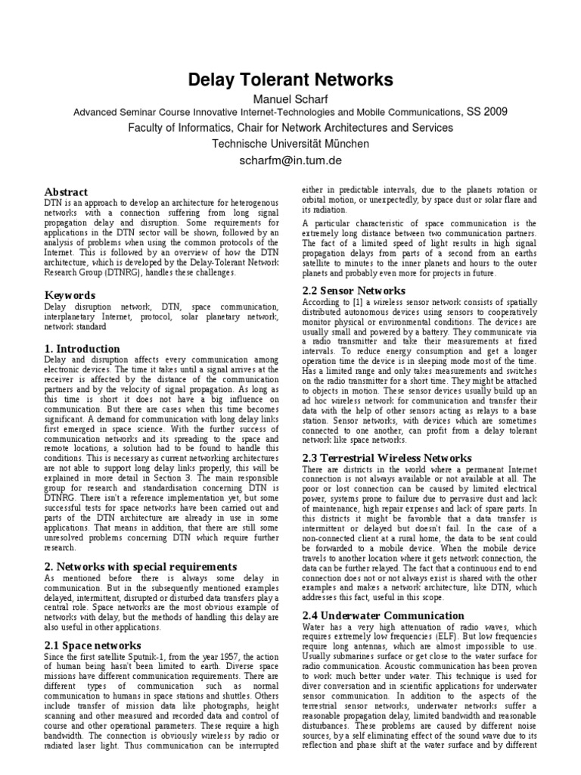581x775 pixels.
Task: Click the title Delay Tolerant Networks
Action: [x=290, y=79]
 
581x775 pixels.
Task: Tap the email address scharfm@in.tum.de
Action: [x=290, y=160]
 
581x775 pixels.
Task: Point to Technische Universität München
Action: [x=290, y=144]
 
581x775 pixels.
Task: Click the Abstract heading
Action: [x=67, y=192]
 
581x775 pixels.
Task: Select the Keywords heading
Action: [x=70, y=295]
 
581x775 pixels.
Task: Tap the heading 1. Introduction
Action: [x=82, y=349]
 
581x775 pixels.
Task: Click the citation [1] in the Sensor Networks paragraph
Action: [x=356, y=301]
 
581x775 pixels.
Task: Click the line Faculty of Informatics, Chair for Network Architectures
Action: [x=290, y=128]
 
